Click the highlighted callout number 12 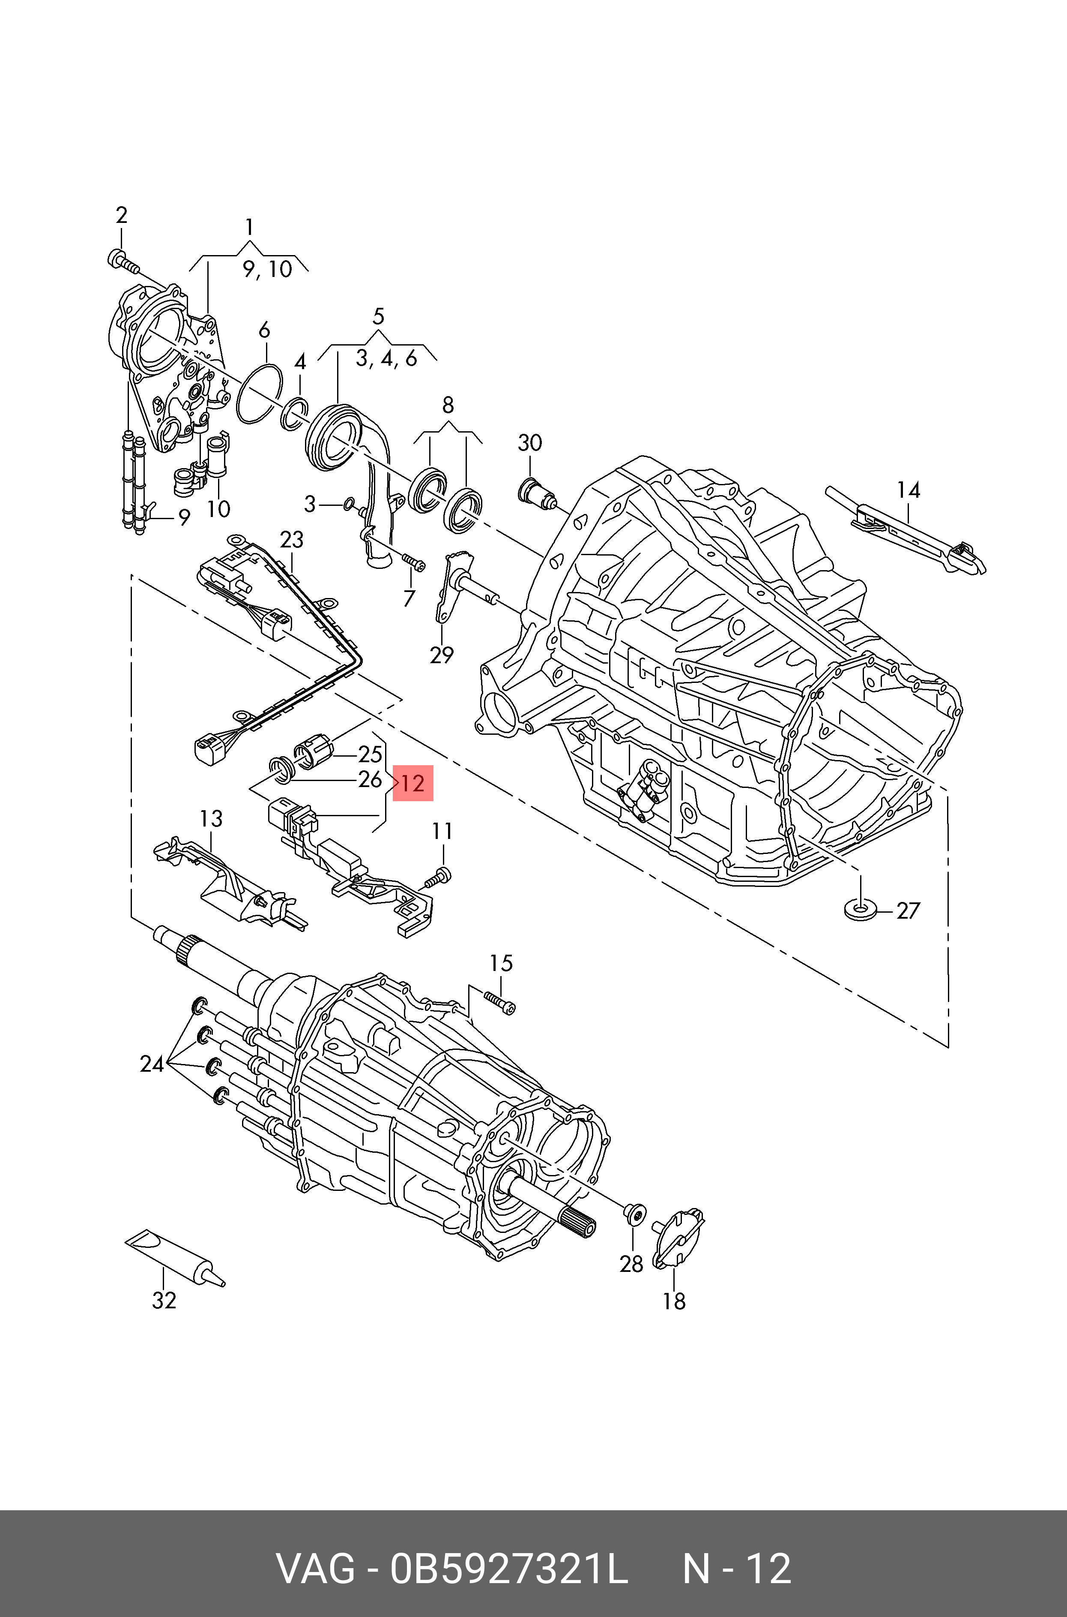tap(413, 783)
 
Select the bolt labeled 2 tap(123, 261)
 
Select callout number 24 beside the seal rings tap(152, 1064)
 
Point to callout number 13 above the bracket tap(211, 818)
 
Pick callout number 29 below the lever tap(442, 655)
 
